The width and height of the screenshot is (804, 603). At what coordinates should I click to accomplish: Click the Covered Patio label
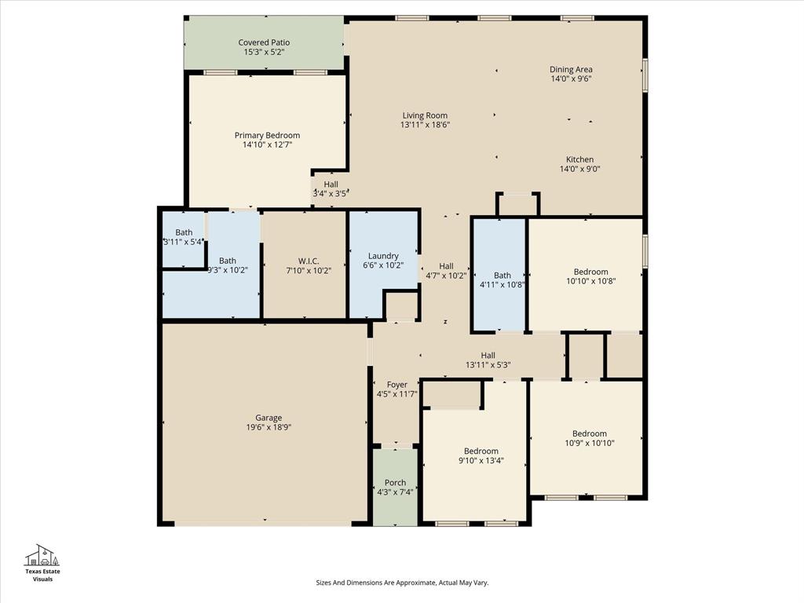pos(264,42)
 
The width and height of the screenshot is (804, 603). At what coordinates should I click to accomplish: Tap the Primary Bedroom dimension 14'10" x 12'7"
pos(267,144)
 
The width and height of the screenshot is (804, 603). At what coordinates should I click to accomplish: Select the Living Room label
pos(425,115)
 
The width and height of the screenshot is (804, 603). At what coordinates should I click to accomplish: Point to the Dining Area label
pos(571,69)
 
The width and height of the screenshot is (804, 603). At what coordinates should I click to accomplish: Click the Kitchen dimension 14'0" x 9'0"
pos(580,169)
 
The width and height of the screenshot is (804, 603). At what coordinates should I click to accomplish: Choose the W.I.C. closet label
pos(308,261)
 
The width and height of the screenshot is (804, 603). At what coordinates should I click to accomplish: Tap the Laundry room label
pos(383,255)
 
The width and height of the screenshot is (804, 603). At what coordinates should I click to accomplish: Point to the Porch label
pos(395,482)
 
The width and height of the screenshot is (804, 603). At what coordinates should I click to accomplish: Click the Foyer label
pos(397,384)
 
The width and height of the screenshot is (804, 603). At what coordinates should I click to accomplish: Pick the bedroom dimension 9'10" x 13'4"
pos(481,461)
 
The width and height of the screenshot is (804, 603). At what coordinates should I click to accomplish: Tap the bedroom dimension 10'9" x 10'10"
pos(589,444)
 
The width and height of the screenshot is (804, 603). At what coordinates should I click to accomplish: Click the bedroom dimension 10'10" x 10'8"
pos(590,281)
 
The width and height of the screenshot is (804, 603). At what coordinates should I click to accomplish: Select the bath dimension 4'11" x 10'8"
pos(502,285)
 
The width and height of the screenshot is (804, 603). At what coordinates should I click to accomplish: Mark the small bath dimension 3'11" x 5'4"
pos(184,242)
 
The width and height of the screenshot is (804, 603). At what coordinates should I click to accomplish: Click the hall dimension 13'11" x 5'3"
pos(488,364)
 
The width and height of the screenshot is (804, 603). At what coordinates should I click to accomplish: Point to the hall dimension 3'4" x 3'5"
pos(331,193)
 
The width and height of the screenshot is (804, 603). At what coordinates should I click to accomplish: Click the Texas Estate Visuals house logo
pos(42,555)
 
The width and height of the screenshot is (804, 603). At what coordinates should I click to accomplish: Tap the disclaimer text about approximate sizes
pos(401,583)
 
